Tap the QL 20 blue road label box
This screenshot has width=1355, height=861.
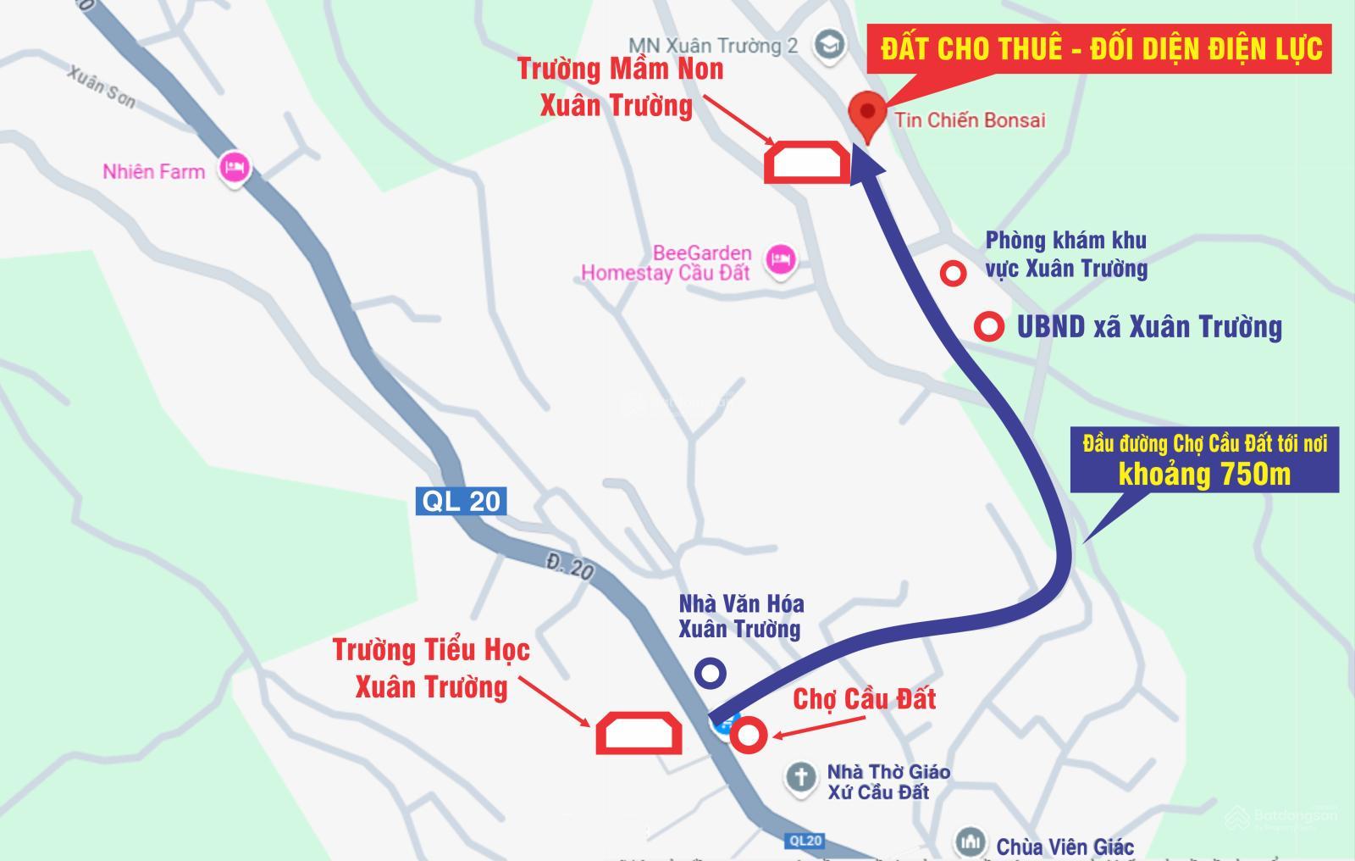coord(462,501)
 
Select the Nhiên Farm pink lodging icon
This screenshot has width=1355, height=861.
coord(235,168)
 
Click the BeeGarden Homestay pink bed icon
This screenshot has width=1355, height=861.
coord(780,260)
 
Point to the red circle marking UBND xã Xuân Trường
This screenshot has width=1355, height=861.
coord(988,326)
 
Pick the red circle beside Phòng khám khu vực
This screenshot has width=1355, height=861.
coord(954,273)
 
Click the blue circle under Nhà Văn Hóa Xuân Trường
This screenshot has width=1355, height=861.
coord(710,673)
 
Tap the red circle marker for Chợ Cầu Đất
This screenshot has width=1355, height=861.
coord(749,735)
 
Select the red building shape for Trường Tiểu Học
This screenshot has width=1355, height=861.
coord(639,733)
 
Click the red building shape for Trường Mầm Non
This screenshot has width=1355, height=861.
coord(807,162)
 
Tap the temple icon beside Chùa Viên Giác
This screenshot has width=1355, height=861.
coord(970,842)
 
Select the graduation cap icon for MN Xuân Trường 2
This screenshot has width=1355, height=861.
coord(828,45)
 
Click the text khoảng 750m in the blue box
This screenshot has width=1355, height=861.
coord(1204,475)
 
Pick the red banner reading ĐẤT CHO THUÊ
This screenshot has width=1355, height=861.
coord(1101,48)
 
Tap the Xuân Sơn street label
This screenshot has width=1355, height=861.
coord(101,87)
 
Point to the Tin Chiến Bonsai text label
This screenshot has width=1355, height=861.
coord(970,120)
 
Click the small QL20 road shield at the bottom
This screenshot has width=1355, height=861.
coord(805,841)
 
